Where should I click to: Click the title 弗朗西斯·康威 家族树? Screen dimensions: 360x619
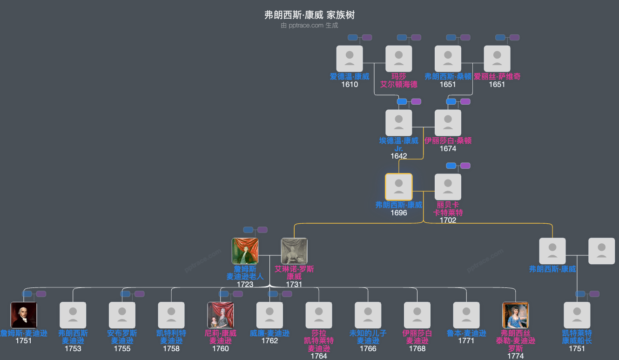[x=309, y=15]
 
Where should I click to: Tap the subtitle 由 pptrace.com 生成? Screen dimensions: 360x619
[x=309, y=26]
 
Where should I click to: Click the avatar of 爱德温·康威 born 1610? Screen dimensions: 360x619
[x=350, y=59]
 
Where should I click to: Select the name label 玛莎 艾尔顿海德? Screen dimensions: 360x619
[x=399, y=80]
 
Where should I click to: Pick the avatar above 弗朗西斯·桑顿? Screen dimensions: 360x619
[x=448, y=59]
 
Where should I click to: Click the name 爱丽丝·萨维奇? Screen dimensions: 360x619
[x=497, y=76]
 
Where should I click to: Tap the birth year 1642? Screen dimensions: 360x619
[x=399, y=156]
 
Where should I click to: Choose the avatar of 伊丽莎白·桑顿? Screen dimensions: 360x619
[x=448, y=123]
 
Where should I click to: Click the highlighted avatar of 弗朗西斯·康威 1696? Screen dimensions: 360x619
[x=399, y=187]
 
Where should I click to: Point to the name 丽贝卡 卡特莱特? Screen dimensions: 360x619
[x=448, y=208]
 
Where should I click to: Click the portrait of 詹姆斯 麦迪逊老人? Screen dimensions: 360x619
[x=245, y=251]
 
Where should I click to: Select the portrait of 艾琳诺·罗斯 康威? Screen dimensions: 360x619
[x=294, y=251]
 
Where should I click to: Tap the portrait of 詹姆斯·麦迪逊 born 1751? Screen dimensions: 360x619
[x=24, y=315]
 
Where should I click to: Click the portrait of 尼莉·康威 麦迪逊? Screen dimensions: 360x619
[x=221, y=315]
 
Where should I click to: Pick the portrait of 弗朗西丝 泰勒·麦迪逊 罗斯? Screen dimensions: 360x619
[x=516, y=315]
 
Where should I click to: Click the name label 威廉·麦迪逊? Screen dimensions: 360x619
[x=269, y=333]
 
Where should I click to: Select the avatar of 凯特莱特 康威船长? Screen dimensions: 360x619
[x=577, y=315]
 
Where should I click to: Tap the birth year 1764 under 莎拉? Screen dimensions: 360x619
[x=319, y=356]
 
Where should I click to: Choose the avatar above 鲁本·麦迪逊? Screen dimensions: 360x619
[x=466, y=315]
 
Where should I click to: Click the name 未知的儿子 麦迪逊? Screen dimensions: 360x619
[x=368, y=337]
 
